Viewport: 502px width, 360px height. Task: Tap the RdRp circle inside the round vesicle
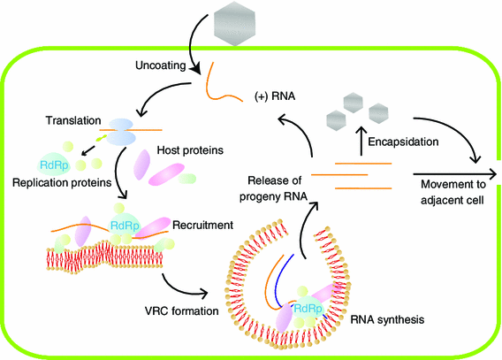pos(307,308)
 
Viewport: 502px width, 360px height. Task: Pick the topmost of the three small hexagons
pos(355,102)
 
